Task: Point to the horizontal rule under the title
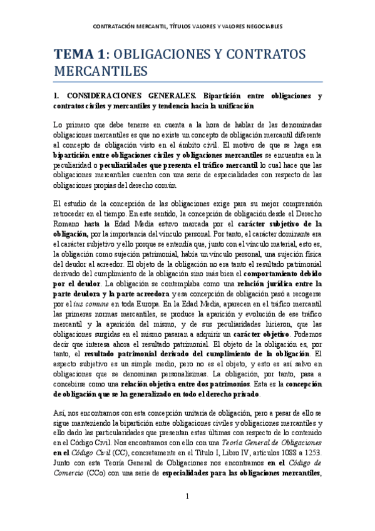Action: click(x=188, y=82)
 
